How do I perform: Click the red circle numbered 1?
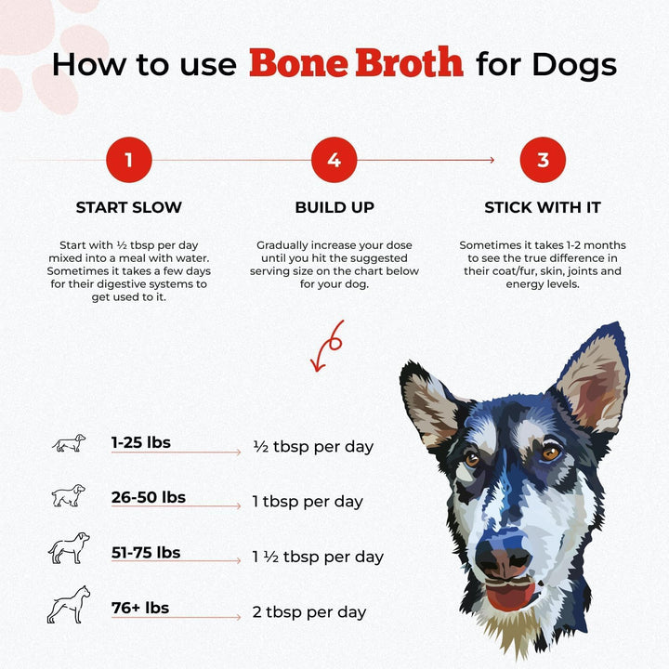pos(128,160)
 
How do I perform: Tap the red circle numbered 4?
pos(334,160)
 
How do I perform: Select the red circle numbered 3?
pos(544,160)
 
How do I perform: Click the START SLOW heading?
pos(128,207)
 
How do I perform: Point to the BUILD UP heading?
pos(334,207)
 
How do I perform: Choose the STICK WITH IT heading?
pos(544,207)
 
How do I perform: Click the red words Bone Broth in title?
pos(356,63)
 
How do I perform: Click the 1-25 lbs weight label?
pos(141,442)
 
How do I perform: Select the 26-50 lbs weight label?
pos(149,497)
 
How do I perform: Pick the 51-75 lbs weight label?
pos(146,553)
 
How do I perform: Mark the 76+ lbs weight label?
pos(140,608)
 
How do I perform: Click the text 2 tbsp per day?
pos(309,612)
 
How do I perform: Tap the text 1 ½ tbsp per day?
pos(318,557)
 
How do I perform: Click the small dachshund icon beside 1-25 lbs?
pos(69,443)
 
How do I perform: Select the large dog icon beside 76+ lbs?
pos(69,605)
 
